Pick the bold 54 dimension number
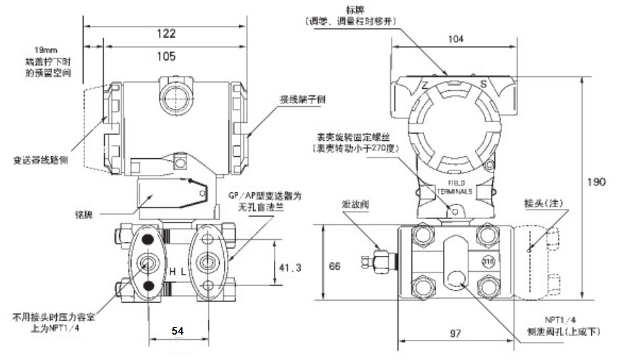[x=177, y=331]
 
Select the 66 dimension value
[x=335, y=266]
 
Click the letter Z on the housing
[x=424, y=85]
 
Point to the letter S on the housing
[x=483, y=84]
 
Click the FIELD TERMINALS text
[x=456, y=186]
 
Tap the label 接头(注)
[x=542, y=202]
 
